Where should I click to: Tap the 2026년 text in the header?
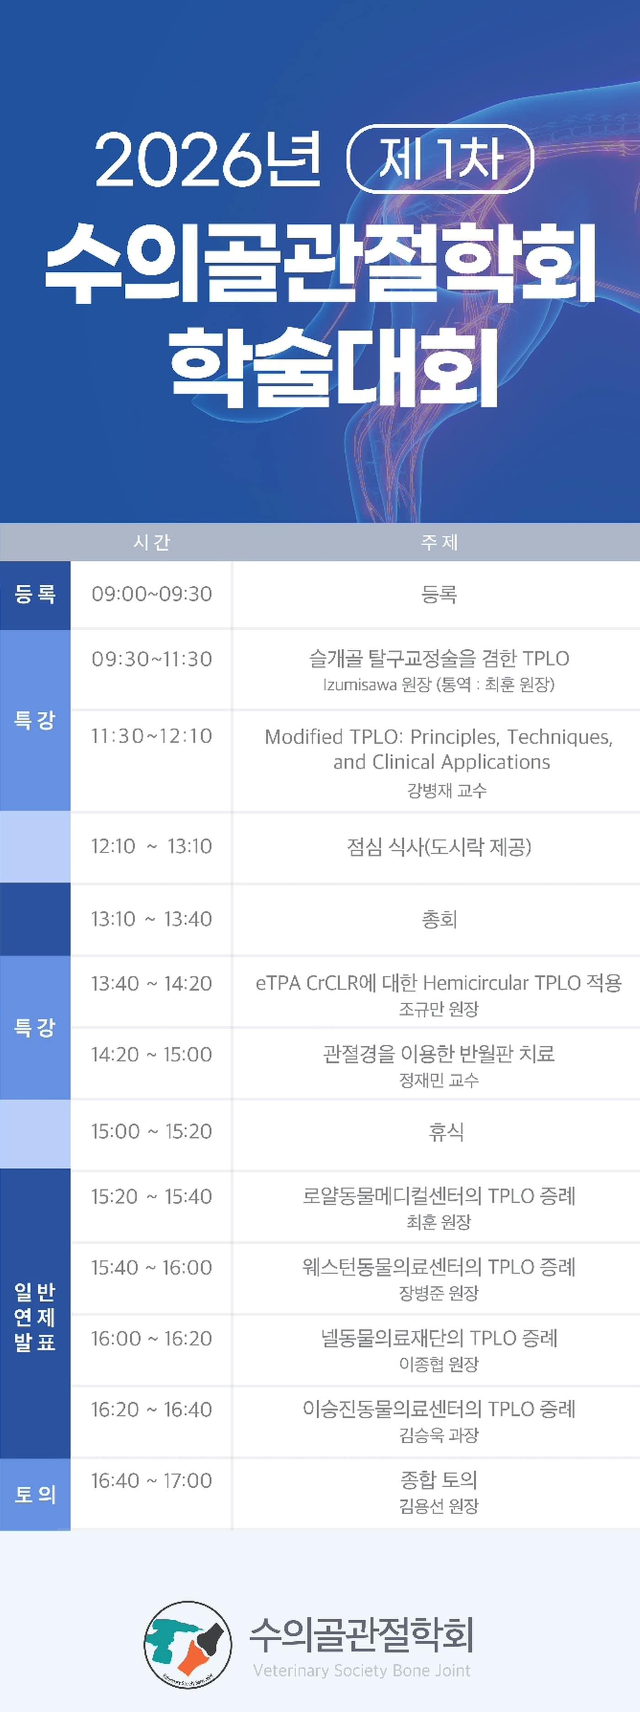point(208,159)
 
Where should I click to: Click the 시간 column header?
point(152,542)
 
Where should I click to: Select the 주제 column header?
point(439,542)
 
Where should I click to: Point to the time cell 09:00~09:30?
point(152,594)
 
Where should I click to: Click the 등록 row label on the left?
point(35,594)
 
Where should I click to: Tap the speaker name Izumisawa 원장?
point(377,684)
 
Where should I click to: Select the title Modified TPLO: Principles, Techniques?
point(439,737)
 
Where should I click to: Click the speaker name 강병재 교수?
point(447,790)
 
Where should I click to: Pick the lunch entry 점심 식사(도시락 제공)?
point(439,847)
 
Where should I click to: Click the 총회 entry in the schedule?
point(439,919)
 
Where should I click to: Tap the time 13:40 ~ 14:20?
point(152,984)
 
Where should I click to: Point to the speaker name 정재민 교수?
point(439,1080)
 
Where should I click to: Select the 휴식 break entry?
point(446,1131)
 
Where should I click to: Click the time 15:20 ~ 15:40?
point(152,1196)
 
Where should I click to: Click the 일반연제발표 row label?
point(35,1317)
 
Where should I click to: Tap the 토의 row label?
point(35,1495)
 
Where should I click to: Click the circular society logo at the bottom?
point(188,1644)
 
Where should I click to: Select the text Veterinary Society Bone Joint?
point(361,1670)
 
